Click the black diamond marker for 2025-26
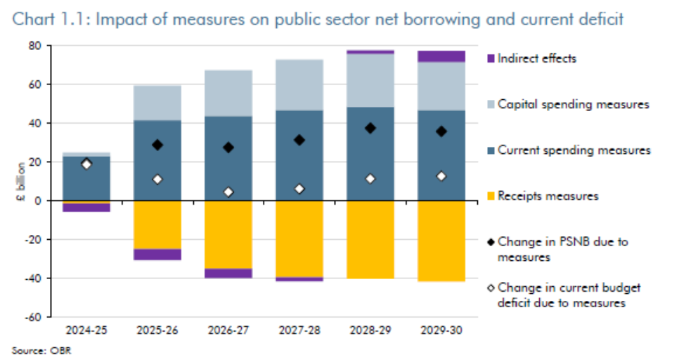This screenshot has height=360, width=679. coord(157,145)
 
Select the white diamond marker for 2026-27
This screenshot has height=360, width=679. coord(228,192)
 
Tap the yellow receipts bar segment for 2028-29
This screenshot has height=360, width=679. coord(370,239)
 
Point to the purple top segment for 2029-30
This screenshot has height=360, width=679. coord(441,56)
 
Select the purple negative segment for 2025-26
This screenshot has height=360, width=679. coord(157,255)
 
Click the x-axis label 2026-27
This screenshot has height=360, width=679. coord(228,329)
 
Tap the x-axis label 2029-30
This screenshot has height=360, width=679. coord(441,329)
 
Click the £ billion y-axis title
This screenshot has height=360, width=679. coord(21,181)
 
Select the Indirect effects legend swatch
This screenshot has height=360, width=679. coord(491,58)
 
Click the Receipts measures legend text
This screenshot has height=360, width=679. coord(548,196)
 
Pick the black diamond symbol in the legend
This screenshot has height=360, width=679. coord(491,242)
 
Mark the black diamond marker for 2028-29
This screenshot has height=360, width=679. coord(370,128)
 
